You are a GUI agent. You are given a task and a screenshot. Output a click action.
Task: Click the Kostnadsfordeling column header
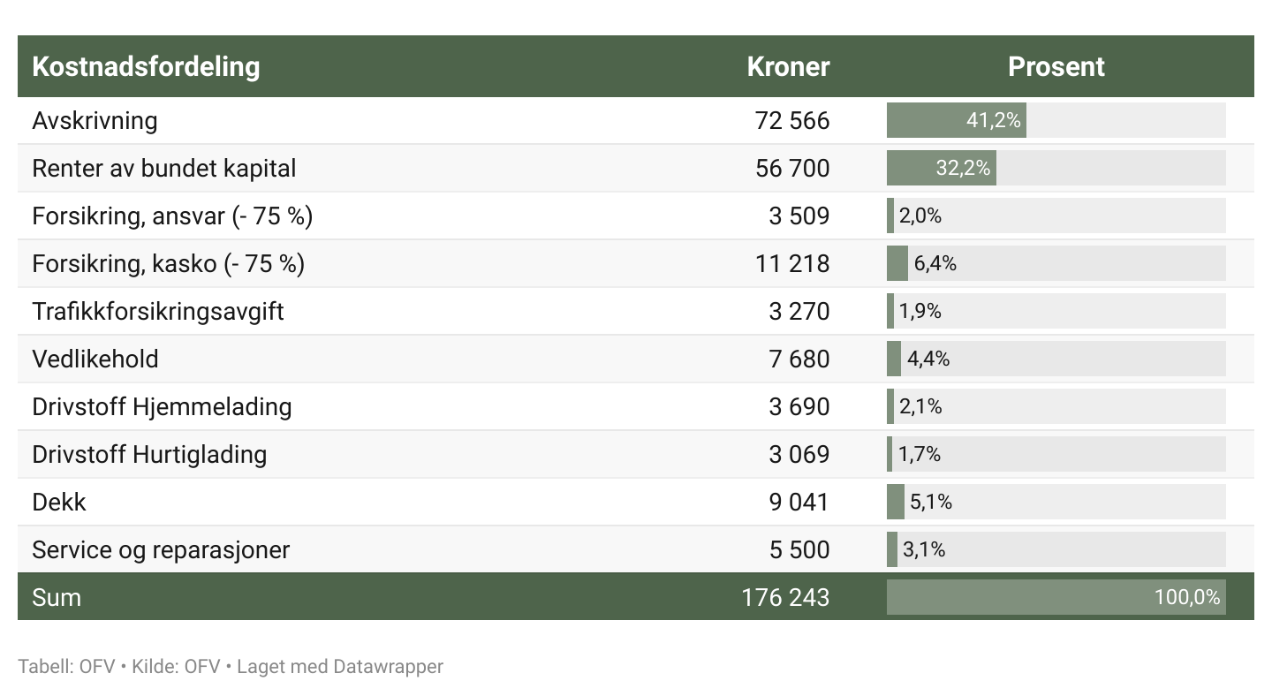146,67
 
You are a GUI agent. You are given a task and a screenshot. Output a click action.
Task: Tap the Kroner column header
788,67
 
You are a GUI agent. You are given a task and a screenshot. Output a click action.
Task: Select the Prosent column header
1056,67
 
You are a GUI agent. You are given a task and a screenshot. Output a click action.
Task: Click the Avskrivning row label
95,120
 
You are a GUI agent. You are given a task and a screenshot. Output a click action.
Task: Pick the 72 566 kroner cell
792,120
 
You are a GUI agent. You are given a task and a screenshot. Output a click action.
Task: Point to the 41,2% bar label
994,120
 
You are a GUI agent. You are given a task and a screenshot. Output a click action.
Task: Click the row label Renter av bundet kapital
164,168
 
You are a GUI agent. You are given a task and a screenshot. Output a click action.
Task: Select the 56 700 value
792,168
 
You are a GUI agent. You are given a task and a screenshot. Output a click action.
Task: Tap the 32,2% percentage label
963,168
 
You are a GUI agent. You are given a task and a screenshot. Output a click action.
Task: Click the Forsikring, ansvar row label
172,216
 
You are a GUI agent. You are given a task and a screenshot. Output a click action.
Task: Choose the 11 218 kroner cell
792,263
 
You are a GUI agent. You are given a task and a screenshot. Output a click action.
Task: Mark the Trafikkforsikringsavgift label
158,311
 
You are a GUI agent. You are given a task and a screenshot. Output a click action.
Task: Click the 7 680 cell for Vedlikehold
799,359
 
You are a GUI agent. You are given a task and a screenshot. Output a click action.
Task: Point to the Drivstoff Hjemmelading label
162,406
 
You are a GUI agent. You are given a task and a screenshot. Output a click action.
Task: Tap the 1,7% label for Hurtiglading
920,454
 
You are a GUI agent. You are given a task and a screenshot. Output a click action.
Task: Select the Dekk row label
59,502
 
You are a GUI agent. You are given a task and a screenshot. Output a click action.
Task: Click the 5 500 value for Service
799,549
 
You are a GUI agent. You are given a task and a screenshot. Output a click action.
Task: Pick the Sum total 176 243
785,597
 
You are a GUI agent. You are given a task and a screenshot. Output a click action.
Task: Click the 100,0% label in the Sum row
1187,597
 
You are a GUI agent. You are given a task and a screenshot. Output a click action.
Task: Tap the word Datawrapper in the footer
388,666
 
